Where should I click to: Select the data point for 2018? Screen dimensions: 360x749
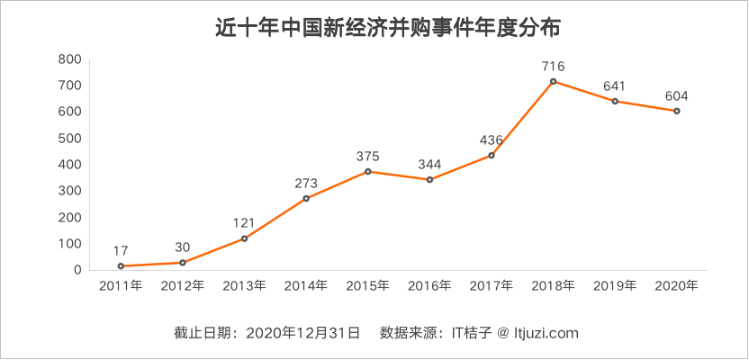tap(554, 82)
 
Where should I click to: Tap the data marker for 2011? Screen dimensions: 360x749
tap(121, 266)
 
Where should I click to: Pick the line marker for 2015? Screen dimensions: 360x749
tap(368, 172)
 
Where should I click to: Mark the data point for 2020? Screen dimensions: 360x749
tap(677, 111)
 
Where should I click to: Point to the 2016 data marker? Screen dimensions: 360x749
tap(429, 180)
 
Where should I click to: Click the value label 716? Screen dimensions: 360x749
tap(554, 66)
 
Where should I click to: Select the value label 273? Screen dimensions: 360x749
tap(306, 184)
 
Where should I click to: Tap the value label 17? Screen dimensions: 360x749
tap(121, 250)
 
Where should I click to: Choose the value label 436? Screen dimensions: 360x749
tap(492, 139)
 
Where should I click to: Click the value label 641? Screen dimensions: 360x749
tap(615, 86)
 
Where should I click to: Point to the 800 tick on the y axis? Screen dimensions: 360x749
tap(70, 59)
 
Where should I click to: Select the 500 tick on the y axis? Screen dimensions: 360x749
tap(70, 139)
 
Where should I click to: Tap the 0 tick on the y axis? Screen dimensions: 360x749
tap(78, 270)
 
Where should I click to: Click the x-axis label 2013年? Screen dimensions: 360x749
tap(244, 286)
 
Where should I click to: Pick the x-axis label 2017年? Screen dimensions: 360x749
tap(492, 286)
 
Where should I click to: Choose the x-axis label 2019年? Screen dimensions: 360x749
tap(615, 286)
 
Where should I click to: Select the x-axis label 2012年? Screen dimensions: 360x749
tap(183, 286)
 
